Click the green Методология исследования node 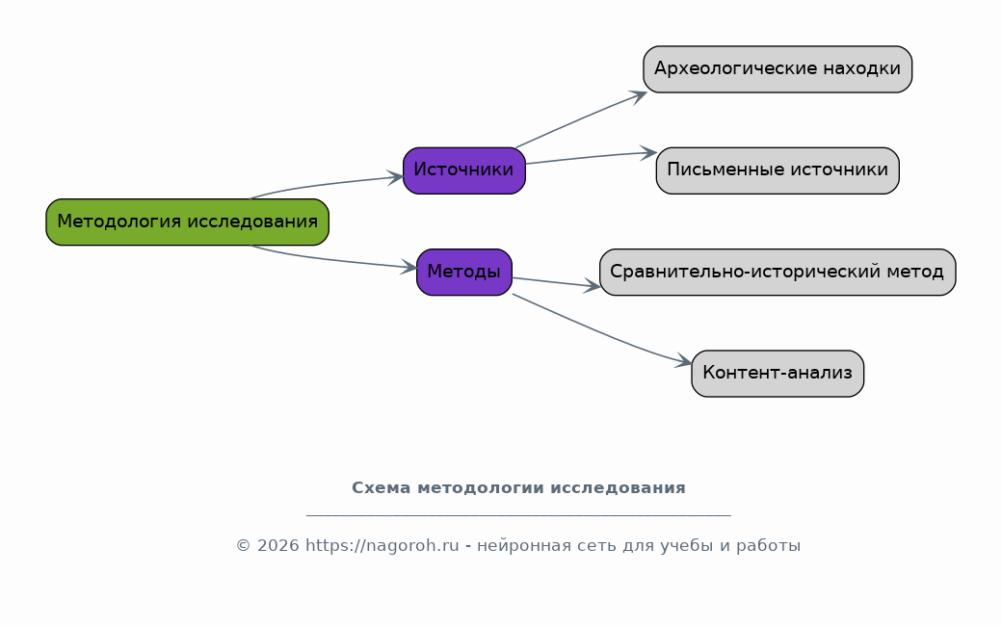(187, 222)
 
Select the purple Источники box (464, 170)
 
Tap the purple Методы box (464, 272)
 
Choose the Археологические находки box (778, 69)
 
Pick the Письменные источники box (778, 170)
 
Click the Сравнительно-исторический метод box (778, 272)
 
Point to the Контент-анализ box (778, 374)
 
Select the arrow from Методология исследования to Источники (323, 185)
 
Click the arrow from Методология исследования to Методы (330, 259)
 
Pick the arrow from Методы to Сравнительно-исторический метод (556, 283)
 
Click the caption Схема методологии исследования (518, 487)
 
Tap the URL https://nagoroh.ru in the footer (382, 545)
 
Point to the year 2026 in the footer (278, 545)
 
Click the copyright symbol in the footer (244, 546)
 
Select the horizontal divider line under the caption (518, 514)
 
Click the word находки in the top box (861, 68)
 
